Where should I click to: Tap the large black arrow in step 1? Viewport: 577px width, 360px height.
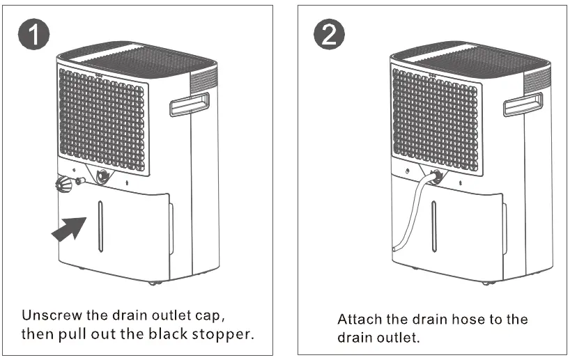(70, 229)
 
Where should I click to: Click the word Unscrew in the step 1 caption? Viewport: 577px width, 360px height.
(51, 314)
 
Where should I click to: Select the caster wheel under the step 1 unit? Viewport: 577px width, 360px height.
(153, 282)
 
